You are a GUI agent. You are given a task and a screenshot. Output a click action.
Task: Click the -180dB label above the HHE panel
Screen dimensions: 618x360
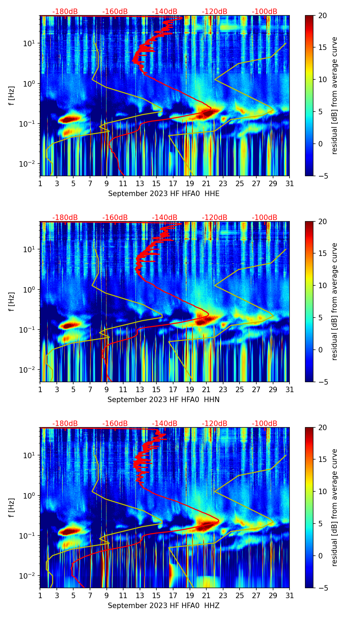(65, 12)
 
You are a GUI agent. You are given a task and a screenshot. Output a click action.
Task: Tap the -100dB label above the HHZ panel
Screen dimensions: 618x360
(265, 424)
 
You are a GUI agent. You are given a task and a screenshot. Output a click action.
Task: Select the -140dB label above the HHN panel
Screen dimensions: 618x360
(165, 218)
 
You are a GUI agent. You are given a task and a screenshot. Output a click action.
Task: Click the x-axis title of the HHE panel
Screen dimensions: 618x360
(164, 194)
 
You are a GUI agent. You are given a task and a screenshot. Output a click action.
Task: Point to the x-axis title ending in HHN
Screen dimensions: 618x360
(164, 400)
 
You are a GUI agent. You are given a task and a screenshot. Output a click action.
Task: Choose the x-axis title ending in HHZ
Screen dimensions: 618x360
(164, 606)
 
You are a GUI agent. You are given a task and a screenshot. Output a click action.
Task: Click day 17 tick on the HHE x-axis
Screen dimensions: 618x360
(173, 184)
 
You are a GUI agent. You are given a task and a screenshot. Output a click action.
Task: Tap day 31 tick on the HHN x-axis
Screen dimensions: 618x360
(290, 390)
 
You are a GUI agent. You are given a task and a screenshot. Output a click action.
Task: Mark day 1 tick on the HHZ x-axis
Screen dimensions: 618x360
(40, 596)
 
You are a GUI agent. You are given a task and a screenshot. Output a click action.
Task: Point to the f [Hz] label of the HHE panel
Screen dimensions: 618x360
(12, 95)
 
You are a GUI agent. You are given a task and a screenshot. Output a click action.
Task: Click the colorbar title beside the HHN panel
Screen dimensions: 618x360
(335, 301)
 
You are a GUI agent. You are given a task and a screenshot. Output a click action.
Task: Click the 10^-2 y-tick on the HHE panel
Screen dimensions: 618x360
(29, 164)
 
